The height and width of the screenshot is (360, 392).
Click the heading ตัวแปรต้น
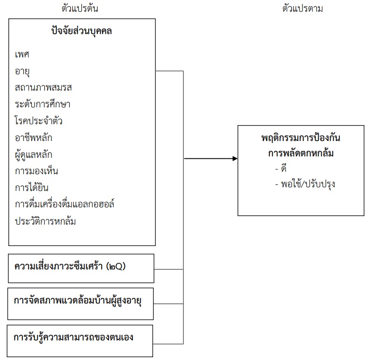tap(80, 8)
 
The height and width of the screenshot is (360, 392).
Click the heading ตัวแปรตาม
tap(303, 8)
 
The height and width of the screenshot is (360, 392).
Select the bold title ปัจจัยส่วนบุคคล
tap(82, 32)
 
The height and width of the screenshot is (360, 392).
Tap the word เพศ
tap(22, 54)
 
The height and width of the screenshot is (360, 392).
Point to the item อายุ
tap(23, 71)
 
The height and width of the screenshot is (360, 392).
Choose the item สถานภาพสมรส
tap(43, 87)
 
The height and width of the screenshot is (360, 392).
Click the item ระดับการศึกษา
tap(42, 104)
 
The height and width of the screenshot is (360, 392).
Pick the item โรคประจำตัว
tap(39, 121)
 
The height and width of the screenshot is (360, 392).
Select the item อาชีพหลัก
tap(34, 138)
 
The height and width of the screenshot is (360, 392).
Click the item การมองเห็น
tap(36, 171)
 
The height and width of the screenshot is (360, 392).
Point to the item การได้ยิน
tap(32, 188)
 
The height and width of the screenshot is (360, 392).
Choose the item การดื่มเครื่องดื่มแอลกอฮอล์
tap(65, 204)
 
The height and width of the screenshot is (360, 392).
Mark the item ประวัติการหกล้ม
tap(45, 221)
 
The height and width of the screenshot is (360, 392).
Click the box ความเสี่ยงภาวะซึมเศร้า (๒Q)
tap(81, 268)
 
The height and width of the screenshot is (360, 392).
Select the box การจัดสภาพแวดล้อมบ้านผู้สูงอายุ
tap(81, 302)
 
